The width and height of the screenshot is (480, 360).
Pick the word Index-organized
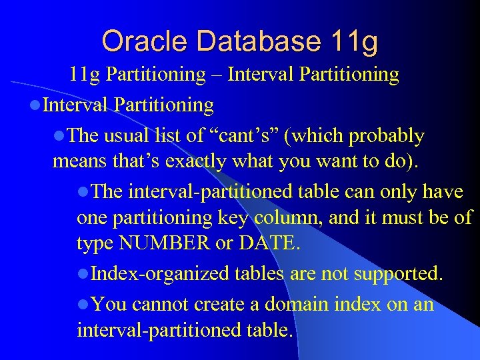160,273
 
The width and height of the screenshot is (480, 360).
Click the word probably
387,136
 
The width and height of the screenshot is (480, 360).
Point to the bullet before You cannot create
83,305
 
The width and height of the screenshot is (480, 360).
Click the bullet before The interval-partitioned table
83,193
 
